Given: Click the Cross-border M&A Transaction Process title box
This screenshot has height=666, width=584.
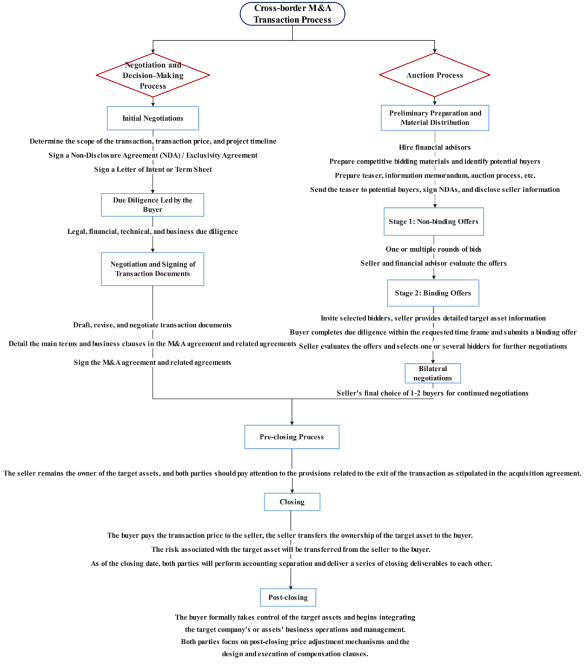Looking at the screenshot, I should (292, 14).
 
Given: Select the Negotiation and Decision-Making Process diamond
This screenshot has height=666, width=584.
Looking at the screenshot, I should (153, 75).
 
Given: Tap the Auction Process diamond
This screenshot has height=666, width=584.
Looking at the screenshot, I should (435, 75).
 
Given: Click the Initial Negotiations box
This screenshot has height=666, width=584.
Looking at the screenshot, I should (153, 118).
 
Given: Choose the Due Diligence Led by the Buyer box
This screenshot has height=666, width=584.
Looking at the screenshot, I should (153, 205).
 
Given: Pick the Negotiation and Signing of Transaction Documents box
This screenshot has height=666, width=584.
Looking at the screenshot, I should (153, 269).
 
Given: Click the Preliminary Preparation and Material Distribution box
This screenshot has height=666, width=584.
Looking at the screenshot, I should (435, 118).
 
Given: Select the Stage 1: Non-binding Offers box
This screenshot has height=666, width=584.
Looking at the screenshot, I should (434, 221).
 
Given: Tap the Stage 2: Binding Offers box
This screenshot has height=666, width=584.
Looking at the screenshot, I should (433, 293).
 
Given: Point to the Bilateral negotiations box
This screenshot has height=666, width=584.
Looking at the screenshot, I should (433, 374).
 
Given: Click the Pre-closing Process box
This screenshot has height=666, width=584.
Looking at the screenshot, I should (292, 437).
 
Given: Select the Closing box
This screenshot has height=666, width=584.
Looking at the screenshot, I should (292, 502).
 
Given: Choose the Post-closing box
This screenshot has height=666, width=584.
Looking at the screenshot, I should (288, 597).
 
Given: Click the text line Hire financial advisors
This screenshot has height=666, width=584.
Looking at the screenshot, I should (435, 147).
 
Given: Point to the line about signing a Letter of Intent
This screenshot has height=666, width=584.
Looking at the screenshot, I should (153, 169).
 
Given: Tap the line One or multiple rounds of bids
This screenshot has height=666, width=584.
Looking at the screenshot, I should (434, 249).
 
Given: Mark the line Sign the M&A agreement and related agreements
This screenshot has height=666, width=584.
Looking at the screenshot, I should (152, 363).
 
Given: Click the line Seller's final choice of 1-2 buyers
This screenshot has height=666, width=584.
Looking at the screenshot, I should (433, 393).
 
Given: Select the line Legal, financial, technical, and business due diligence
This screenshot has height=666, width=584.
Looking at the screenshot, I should (153, 232).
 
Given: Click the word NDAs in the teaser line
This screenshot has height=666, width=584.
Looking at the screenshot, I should (448, 190).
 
